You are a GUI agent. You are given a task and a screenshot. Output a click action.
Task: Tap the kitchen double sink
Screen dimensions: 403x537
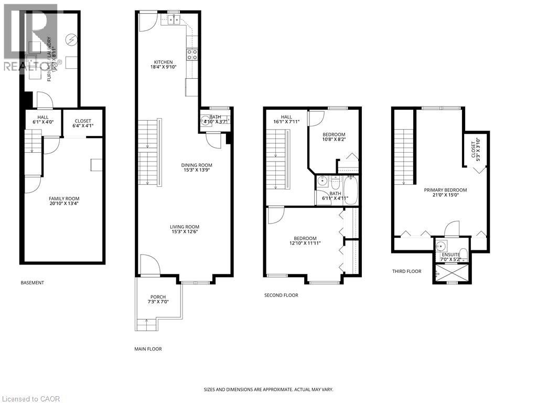[173, 20]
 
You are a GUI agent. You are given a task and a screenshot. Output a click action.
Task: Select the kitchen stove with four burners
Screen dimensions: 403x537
[192, 54]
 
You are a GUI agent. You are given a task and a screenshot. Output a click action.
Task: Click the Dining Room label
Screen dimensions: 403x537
[198, 165]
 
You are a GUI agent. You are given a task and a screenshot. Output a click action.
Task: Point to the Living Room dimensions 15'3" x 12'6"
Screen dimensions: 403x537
[184, 231]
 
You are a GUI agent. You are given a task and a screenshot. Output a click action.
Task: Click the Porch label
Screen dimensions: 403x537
[158, 297]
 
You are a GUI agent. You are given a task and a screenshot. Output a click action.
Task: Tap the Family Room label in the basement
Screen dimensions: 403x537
[64, 198]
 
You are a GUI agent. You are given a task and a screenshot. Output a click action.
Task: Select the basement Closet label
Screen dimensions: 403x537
[83, 121]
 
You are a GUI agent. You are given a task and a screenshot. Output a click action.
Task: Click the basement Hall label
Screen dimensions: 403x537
[43, 118]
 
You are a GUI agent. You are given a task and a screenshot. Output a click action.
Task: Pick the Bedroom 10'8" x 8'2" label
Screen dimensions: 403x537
[334, 135]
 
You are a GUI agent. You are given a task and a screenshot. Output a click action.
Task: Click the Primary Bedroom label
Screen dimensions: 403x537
[445, 190]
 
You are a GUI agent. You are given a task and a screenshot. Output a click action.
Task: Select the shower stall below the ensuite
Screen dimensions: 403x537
[448, 272]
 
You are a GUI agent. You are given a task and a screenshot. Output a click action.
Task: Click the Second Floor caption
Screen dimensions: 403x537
[281, 295]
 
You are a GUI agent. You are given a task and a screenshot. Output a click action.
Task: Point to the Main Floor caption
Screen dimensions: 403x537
[148, 349]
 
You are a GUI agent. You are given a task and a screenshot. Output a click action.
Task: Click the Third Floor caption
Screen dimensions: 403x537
[406, 271]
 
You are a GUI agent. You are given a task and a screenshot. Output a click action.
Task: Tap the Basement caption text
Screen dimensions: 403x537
[33, 283]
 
